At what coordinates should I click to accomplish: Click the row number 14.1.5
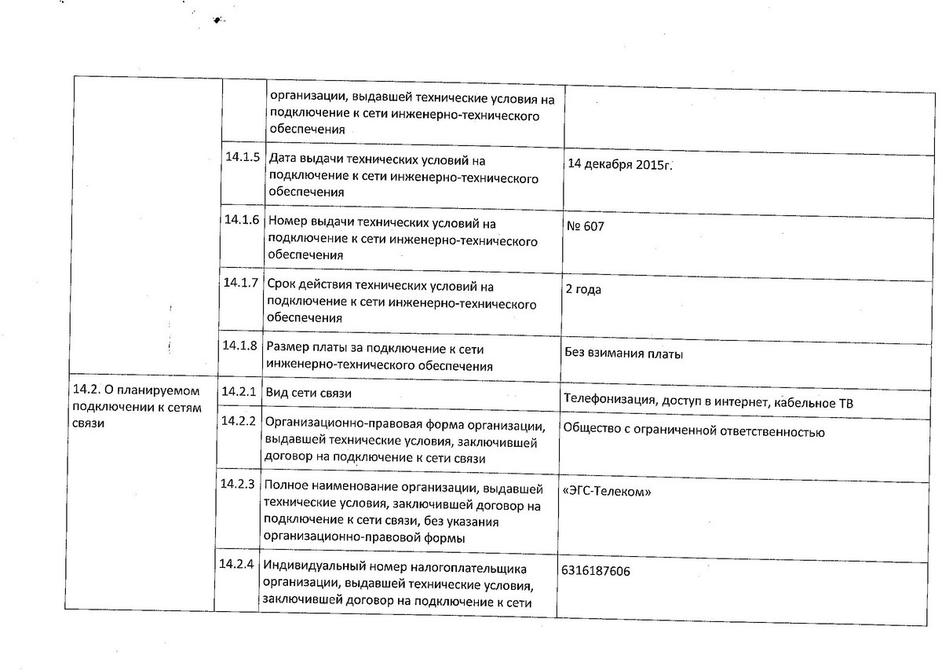pos(242,156)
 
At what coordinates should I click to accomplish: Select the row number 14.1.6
pos(242,219)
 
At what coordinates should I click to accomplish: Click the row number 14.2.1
pos(239,390)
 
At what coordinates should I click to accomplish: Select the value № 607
pos(585,226)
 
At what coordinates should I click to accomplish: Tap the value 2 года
pos(583,289)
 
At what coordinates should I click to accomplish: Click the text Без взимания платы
pos(623,353)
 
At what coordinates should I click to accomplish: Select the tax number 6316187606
pos(596,571)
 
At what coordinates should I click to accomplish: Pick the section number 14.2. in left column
pos(86,390)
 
